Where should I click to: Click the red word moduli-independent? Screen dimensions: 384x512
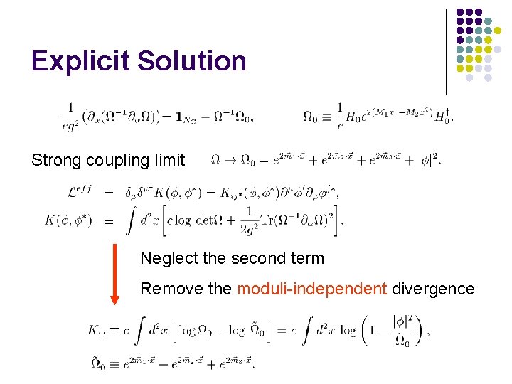click(x=311, y=289)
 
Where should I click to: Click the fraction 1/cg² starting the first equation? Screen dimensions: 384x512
click(x=72, y=116)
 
